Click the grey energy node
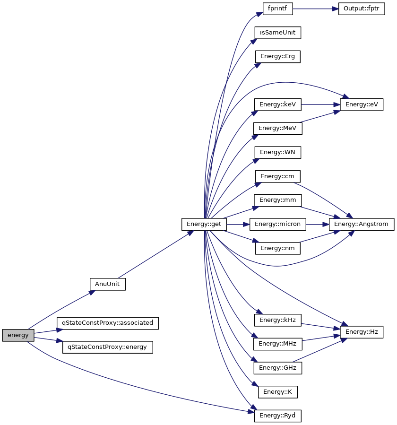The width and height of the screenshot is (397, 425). click(x=18, y=335)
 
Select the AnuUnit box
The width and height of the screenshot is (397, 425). click(x=107, y=284)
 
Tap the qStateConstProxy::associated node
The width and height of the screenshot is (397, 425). click(x=107, y=323)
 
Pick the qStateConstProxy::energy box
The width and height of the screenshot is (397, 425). click(x=107, y=347)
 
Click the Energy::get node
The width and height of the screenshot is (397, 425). click(x=204, y=224)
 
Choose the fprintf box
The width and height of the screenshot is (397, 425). click(x=278, y=9)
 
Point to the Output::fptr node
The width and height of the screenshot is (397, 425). click(x=362, y=9)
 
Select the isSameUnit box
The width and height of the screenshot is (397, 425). click(x=278, y=33)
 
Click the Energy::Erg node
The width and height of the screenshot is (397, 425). click(x=278, y=56)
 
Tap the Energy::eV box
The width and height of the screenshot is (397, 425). click(x=362, y=104)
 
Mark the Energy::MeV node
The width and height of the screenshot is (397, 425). click(x=277, y=129)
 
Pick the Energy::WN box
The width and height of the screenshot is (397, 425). click(x=278, y=152)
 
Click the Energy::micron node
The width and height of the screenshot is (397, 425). click(x=278, y=224)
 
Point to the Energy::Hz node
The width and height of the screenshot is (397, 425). click(x=362, y=332)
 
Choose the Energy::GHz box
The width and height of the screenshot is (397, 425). click(x=277, y=367)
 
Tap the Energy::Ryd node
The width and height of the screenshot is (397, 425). click(x=278, y=416)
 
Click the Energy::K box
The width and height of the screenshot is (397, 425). click(x=278, y=391)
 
